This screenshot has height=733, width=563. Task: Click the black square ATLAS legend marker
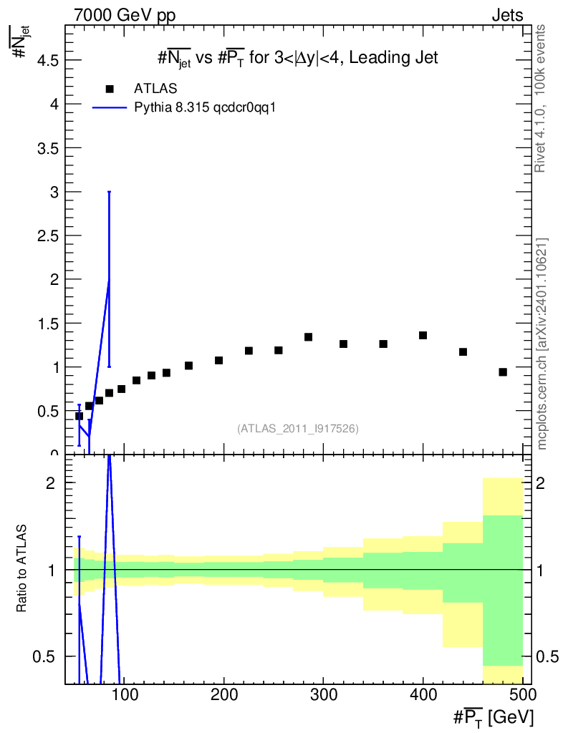pyautogui.click(x=110, y=89)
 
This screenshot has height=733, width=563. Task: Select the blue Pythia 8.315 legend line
pyautogui.click(x=110, y=108)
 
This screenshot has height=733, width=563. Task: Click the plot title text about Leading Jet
pyautogui.click(x=298, y=58)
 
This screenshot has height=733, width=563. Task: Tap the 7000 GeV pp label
pyautogui.click(x=125, y=16)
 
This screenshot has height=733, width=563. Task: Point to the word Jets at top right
pyautogui.click(x=507, y=16)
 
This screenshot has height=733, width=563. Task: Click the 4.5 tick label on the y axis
pyautogui.click(x=48, y=60)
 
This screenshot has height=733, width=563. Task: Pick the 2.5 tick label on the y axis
pyautogui.click(x=48, y=236)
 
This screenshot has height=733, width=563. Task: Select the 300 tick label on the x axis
pyautogui.click(x=324, y=694)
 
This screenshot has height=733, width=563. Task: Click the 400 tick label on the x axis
pyautogui.click(x=423, y=694)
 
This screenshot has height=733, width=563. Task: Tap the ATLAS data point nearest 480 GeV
pyautogui.click(x=503, y=372)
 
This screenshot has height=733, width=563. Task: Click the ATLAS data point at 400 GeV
pyautogui.click(x=423, y=335)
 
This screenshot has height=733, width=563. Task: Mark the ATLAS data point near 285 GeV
pyautogui.click(x=308, y=337)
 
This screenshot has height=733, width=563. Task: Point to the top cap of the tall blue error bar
pyautogui.click(x=109, y=192)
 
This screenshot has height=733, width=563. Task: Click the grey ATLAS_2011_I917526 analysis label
pyautogui.click(x=298, y=429)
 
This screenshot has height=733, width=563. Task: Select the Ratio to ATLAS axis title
pyautogui.click(x=21, y=568)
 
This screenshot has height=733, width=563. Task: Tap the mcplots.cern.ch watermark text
pyautogui.click(x=542, y=344)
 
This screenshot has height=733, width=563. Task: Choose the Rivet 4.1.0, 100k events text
pyautogui.click(x=540, y=99)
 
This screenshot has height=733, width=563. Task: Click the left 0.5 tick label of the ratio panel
pyautogui.click(x=44, y=657)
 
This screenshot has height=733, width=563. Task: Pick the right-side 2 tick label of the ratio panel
pyautogui.click(x=540, y=483)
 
